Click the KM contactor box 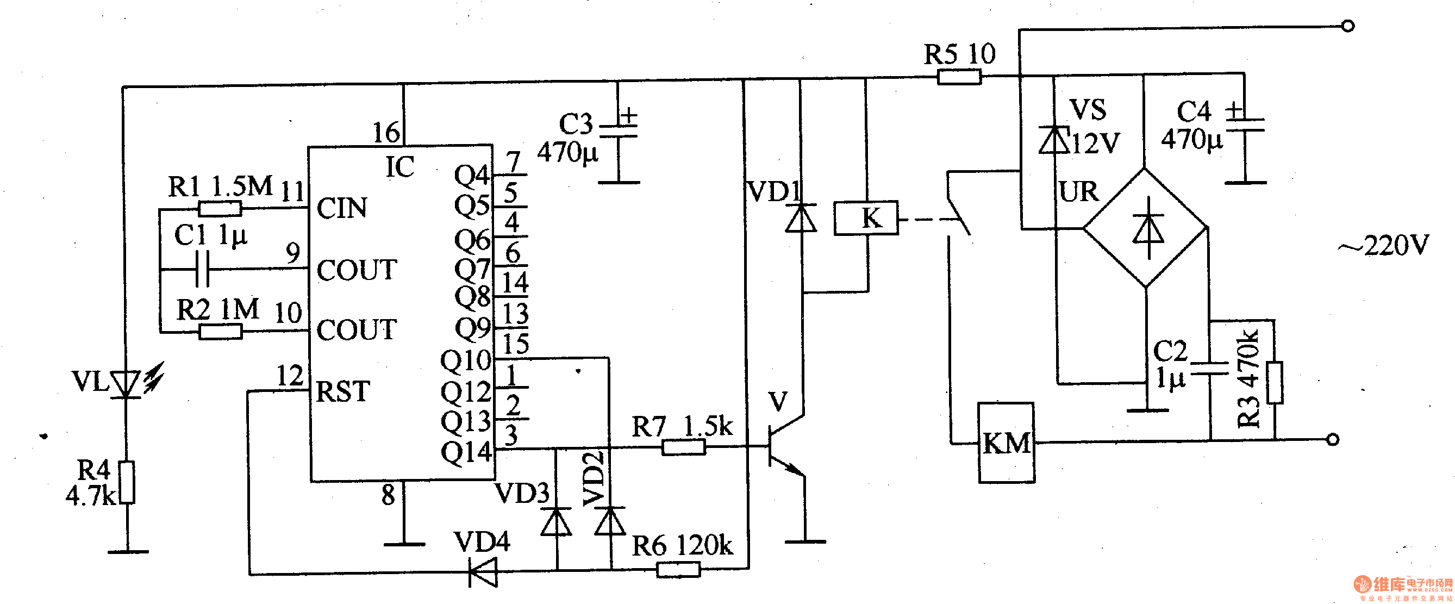[x=1006, y=443]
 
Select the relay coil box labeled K [x=866, y=218]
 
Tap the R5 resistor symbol [x=959, y=76]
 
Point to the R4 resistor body [x=128, y=482]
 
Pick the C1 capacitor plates [x=202, y=269]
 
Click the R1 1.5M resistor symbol [x=220, y=209]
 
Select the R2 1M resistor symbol [x=220, y=332]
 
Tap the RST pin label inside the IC [x=343, y=391]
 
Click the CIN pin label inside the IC [x=342, y=208]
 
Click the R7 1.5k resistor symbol [x=683, y=447]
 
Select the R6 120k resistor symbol [x=678, y=570]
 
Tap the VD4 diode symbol [x=484, y=572]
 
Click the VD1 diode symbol [x=801, y=218]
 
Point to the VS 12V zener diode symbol [x=1053, y=140]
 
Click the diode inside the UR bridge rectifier [x=1148, y=229]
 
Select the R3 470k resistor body [x=1274, y=383]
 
